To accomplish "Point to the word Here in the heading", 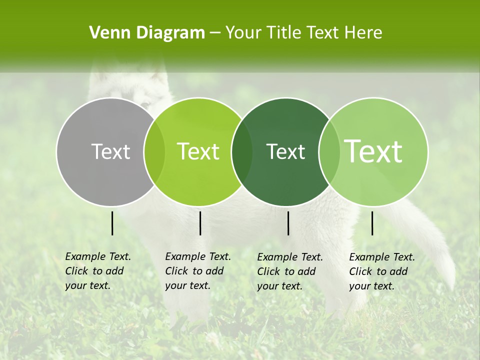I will click(x=361, y=33).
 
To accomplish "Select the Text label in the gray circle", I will click(x=110, y=151).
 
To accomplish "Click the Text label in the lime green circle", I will click(x=198, y=151).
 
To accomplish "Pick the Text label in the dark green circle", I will click(x=286, y=151).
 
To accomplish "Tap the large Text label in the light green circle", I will click(x=373, y=151).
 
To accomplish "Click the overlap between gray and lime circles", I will click(x=154, y=151).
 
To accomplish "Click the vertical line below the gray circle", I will click(x=112, y=223).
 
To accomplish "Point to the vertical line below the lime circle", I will click(x=200, y=223).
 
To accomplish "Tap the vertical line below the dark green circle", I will click(x=288, y=223).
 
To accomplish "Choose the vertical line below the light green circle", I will click(x=372, y=223).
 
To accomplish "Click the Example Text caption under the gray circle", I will click(x=97, y=271).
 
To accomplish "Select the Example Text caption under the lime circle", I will click(x=197, y=271).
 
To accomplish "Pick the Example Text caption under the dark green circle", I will click(x=289, y=271).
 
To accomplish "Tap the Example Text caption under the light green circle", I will click(x=381, y=271).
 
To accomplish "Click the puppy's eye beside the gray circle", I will click(x=145, y=104).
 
